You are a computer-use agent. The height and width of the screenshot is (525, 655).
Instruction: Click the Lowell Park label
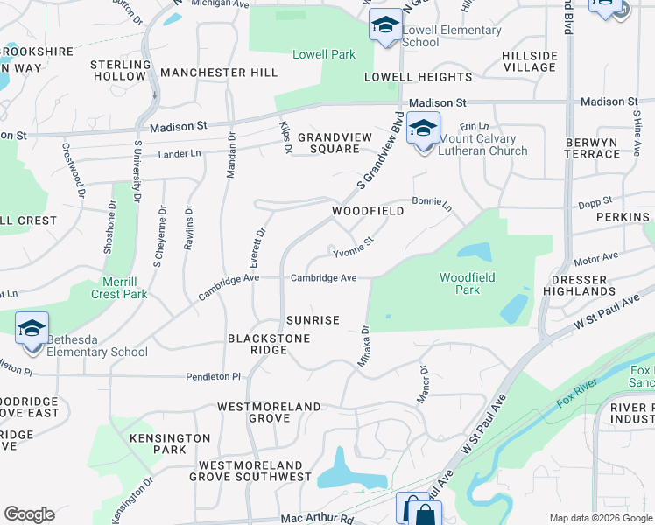(324, 54)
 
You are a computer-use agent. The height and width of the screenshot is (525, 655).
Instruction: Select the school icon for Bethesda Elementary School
(32, 331)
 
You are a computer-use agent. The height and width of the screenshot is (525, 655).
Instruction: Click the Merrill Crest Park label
(119, 289)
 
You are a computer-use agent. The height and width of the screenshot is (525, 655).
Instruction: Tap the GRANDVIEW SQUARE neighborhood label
(329, 143)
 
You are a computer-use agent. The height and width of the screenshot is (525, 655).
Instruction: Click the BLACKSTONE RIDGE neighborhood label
(257, 343)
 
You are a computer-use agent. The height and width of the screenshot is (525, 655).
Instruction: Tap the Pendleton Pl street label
(213, 376)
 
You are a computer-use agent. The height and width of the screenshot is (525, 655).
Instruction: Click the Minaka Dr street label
(363, 346)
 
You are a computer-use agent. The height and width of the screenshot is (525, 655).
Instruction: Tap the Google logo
(30, 514)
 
